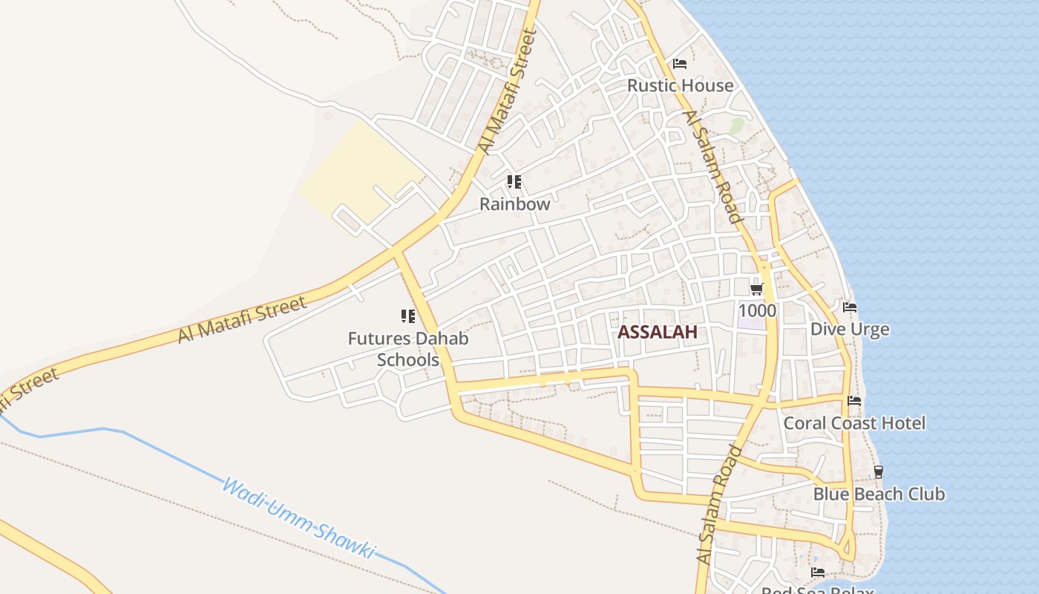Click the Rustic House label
pyautogui.click(x=680, y=85)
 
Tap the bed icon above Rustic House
pyautogui.click(x=679, y=64)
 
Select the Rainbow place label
pyautogui.click(x=515, y=203)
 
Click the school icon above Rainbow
pyautogui.click(x=514, y=181)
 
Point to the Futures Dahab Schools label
pyautogui.click(x=408, y=349)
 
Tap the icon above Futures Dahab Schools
pyautogui.click(x=408, y=317)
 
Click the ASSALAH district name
pyautogui.click(x=658, y=332)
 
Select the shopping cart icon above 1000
pyautogui.click(x=756, y=289)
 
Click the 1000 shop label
pyautogui.click(x=758, y=310)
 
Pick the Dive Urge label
pyautogui.click(x=850, y=329)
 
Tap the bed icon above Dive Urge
pyautogui.click(x=850, y=307)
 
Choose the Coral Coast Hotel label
pyautogui.click(x=854, y=423)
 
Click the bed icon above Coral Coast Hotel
pyautogui.click(x=854, y=401)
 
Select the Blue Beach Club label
pyautogui.click(x=879, y=494)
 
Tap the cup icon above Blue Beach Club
pyautogui.click(x=879, y=471)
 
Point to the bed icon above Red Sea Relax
pyautogui.click(x=817, y=572)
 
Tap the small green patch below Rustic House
pyautogui.click(x=736, y=125)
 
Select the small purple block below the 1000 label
pyautogui.click(x=751, y=324)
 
